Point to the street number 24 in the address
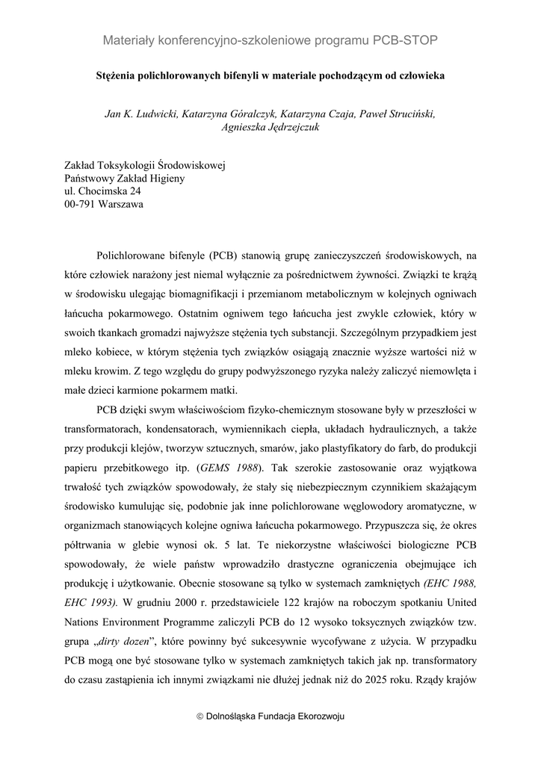click(135, 191)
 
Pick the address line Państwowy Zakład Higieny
click(124, 178)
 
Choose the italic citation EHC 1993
click(92, 602)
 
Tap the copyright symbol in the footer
click(200, 716)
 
